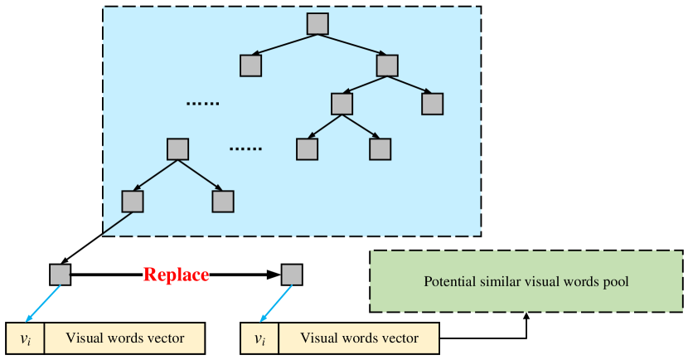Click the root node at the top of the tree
point(317,24)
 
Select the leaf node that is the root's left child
point(251,66)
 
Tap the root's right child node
point(388,66)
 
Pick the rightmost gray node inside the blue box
point(433,104)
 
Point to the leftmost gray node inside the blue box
point(133,202)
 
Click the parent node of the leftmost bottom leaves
point(178,149)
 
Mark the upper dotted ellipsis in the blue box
point(201,104)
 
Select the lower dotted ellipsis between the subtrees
point(245,148)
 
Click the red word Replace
point(176,275)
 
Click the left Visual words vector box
point(125,338)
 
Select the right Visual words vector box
point(358,338)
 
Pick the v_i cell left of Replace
point(25,338)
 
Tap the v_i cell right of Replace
point(259,338)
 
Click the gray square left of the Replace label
point(60,275)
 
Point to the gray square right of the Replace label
point(292,275)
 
